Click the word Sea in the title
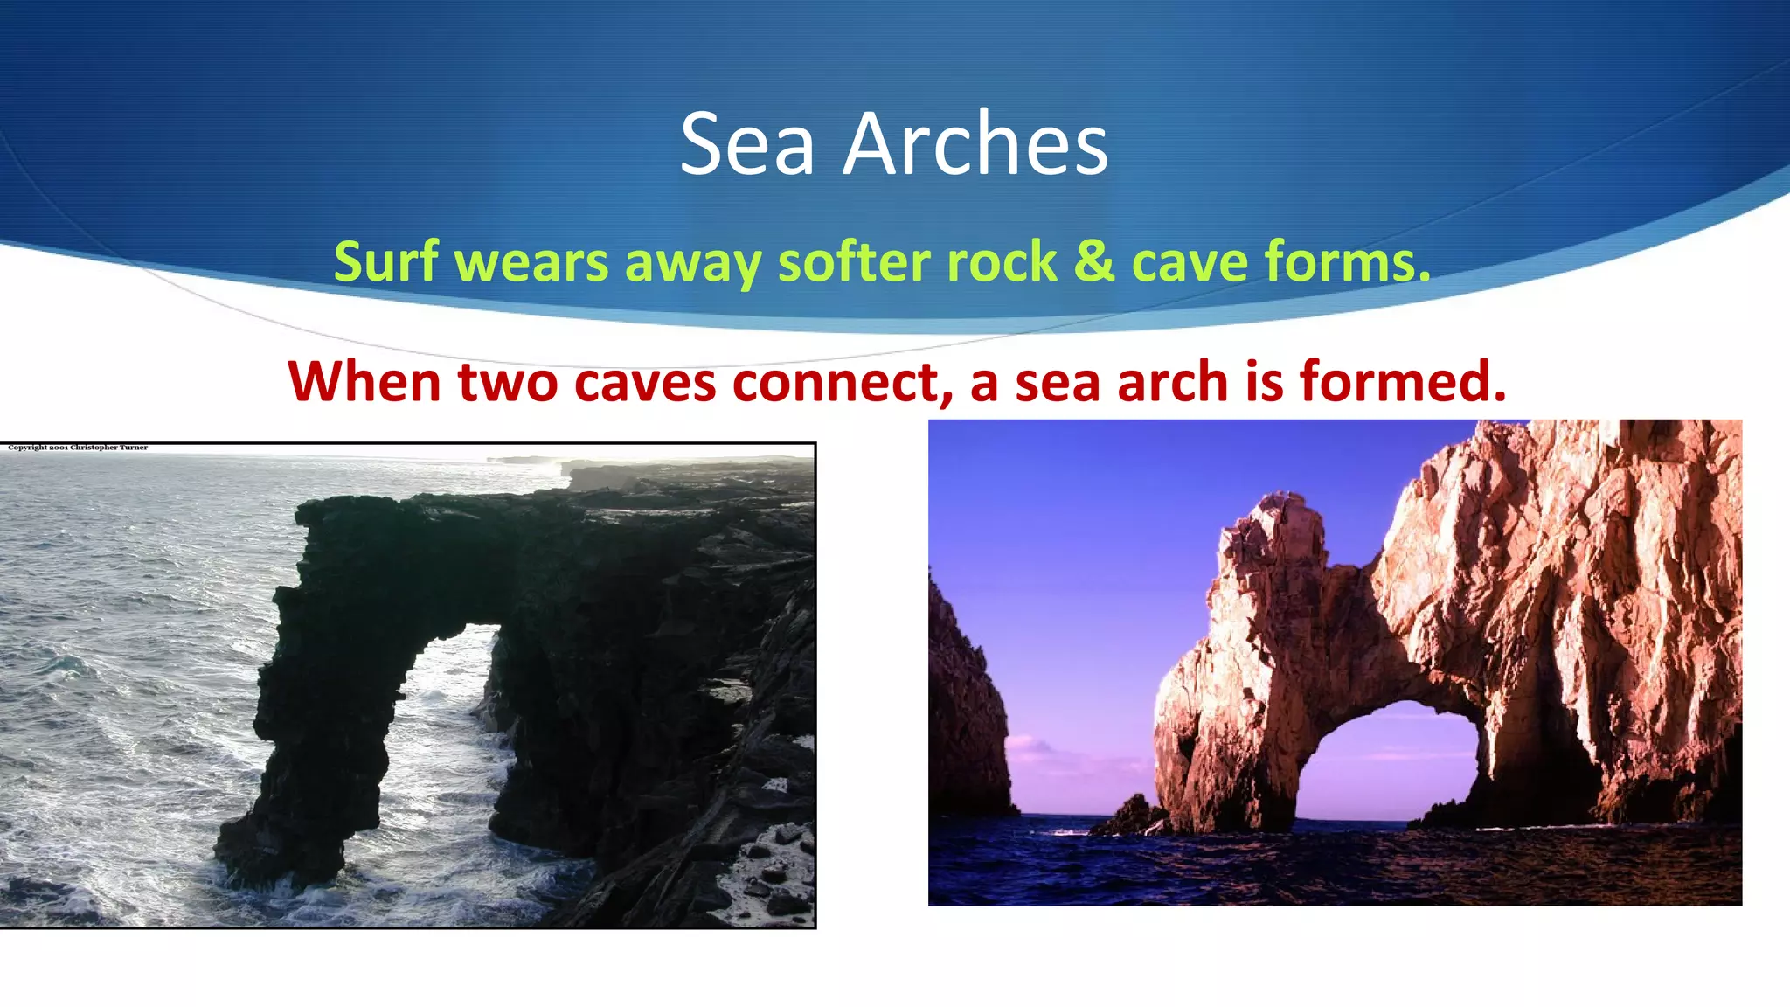(747, 143)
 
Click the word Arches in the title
(975, 143)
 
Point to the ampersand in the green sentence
(1093, 261)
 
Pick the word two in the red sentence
(508, 382)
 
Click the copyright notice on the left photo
(78, 448)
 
